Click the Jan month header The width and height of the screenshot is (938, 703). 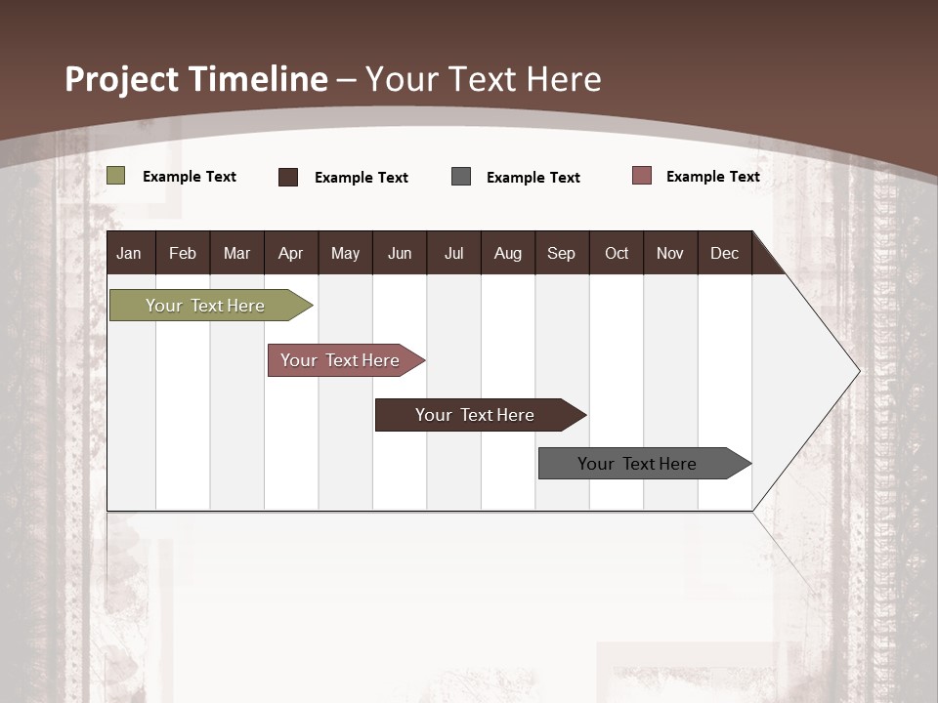[x=130, y=253]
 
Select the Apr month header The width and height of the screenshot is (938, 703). [x=291, y=253]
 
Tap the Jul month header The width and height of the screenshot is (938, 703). [x=453, y=253]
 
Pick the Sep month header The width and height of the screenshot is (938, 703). [x=561, y=253]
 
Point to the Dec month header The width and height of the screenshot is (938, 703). [x=724, y=253]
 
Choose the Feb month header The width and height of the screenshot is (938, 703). [x=183, y=253]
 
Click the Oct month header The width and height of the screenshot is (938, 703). [x=617, y=253]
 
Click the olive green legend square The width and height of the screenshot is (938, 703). [x=116, y=176]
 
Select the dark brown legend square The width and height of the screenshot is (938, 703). [x=288, y=177]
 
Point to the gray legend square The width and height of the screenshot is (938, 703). [x=461, y=177]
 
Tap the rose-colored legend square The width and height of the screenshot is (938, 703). [x=642, y=176]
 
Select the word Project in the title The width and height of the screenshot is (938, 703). [x=121, y=79]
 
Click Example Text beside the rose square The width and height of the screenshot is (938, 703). [x=712, y=177]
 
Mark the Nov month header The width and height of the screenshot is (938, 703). [x=670, y=253]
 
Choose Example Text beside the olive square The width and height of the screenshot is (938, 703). [x=190, y=177]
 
